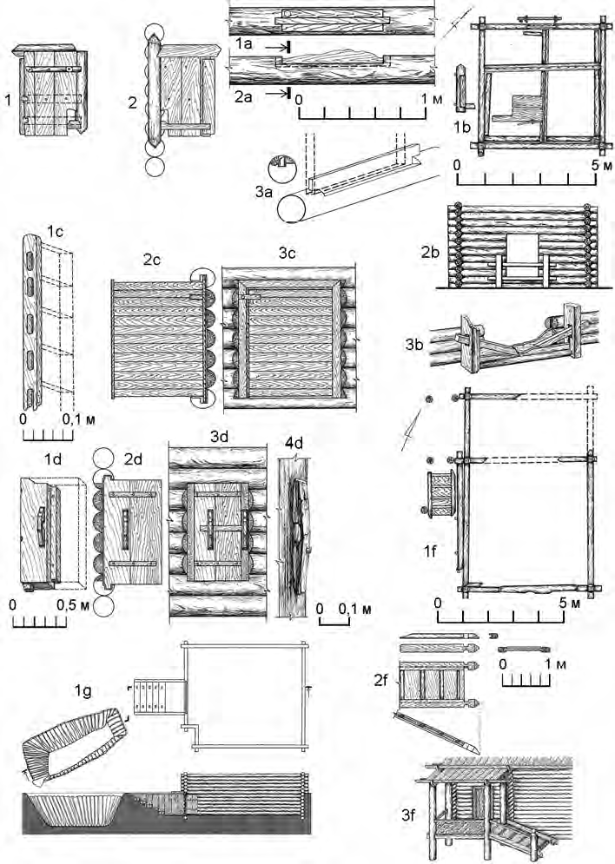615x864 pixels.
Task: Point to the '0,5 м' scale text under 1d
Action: tap(69, 603)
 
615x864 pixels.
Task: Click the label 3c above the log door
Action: tap(286, 258)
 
